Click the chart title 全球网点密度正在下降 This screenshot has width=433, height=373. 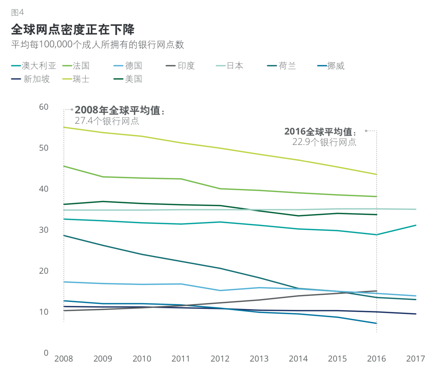(x=73, y=29)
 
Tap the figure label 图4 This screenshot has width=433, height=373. (x=17, y=12)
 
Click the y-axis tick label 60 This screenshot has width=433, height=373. (x=44, y=107)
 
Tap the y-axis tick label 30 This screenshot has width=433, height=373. (x=44, y=230)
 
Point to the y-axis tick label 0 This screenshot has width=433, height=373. (x=46, y=353)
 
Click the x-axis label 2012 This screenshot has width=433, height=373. (x=220, y=359)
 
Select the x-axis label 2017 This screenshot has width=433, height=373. (x=415, y=359)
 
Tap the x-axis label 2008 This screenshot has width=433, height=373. (x=64, y=359)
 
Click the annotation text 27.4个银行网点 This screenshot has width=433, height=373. (x=107, y=121)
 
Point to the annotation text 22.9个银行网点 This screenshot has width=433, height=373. (x=324, y=142)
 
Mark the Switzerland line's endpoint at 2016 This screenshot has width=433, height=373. (x=376, y=174)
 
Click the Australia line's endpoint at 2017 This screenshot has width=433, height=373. (x=416, y=225)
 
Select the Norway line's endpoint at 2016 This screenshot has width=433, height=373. (x=376, y=323)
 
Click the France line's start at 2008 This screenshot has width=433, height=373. (x=64, y=166)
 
